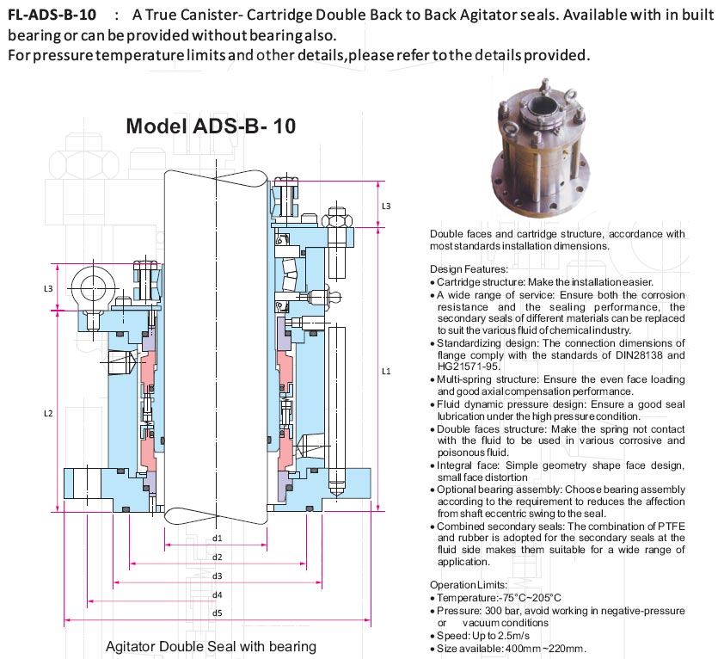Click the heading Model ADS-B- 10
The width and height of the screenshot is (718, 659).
point(211,126)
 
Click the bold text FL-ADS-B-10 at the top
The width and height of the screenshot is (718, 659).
point(51,15)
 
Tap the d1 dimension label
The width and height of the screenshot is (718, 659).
point(218,539)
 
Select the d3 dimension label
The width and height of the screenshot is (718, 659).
point(218,576)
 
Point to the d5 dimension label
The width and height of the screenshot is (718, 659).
point(218,613)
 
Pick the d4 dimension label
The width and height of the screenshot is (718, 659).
point(218,594)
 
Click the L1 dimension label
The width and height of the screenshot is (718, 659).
point(386,372)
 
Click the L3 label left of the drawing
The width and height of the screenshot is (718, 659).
point(48,287)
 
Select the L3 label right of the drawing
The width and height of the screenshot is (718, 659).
point(386,206)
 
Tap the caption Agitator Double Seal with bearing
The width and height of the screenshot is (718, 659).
point(211,646)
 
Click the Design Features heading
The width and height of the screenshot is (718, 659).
point(469,269)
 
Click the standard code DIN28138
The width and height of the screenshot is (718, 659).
point(635,354)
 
